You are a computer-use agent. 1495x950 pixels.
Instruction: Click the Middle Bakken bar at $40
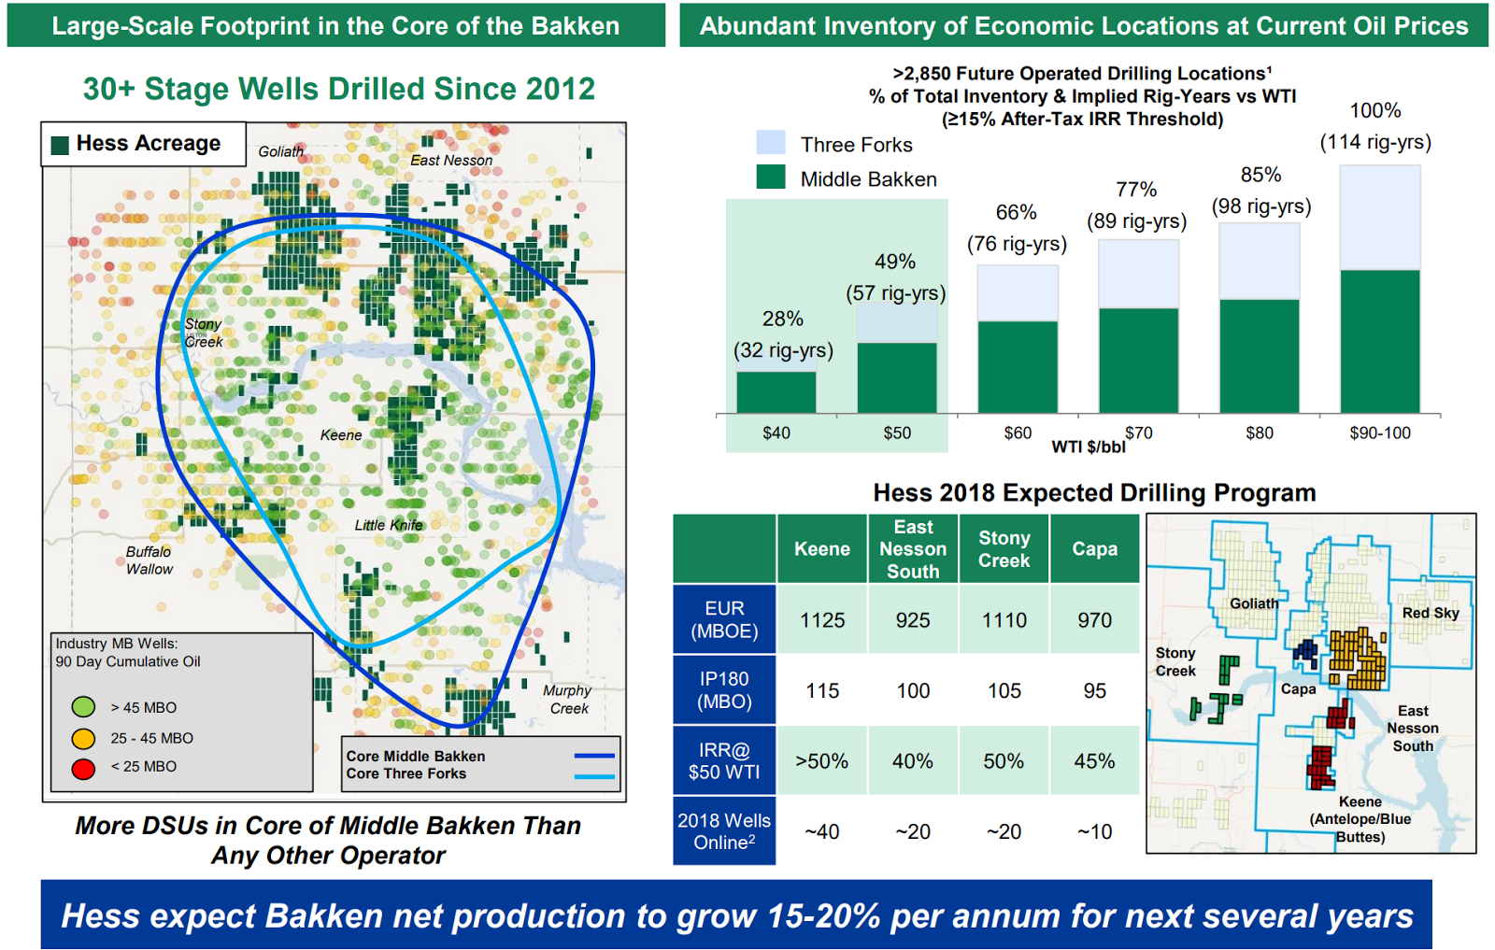776,392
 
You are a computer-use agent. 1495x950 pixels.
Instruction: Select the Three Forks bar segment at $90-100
1380,218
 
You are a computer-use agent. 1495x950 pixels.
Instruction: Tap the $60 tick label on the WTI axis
1018,433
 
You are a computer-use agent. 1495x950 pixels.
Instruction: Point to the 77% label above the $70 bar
1136,190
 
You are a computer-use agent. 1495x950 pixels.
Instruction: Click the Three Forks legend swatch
771,143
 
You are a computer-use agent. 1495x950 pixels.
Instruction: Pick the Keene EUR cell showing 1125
822,620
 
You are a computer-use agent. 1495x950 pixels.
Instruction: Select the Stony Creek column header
1004,549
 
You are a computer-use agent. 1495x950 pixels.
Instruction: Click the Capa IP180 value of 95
1094,691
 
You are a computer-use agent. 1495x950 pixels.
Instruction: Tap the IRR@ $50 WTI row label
724,761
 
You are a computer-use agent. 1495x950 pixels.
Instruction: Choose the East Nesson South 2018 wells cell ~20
913,831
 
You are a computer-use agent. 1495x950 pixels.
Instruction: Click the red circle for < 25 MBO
84,768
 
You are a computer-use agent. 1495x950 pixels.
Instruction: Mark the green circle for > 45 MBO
84,707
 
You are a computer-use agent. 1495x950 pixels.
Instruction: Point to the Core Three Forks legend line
594,775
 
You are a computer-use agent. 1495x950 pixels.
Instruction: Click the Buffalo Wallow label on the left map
149,560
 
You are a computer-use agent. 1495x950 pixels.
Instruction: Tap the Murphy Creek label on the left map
568,700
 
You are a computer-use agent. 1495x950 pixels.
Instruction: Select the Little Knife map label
389,525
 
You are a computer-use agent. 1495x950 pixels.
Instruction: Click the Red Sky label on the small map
1430,613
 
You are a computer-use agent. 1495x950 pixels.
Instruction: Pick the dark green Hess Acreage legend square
61,145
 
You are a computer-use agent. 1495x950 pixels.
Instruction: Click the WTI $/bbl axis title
1089,447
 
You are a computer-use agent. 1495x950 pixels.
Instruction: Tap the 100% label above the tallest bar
1375,111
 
